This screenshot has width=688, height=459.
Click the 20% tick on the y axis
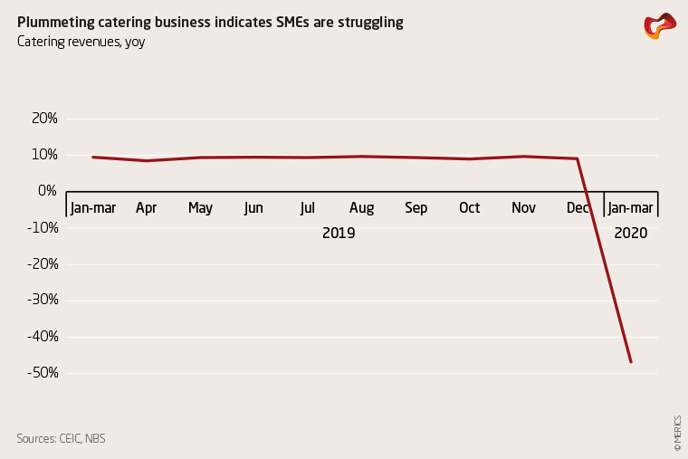pyautogui.click(x=45, y=119)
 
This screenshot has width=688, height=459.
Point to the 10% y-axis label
pyautogui.click(x=45, y=155)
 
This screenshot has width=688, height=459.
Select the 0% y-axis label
pyautogui.click(x=48, y=191)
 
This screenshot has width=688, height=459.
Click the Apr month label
pyautogui.click(x=147, y=208)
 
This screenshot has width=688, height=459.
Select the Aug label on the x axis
pyautogui.click(x=361, y=208)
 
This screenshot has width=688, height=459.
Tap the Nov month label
pyautogui.click(x=523, y=208)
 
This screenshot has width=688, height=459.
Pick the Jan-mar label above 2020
pyautogui.click(x=630, y=208)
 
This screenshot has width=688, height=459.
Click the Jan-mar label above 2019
pyautogui.click(x=92, y=208)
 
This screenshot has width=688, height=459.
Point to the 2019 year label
pyautogui.click(x=339, y=234)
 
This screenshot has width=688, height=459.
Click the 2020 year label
pyautogui.click(x=630, y=234)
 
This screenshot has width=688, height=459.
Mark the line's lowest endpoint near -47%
pyautogui.click(x=631, y=362)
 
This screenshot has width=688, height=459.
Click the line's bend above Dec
pyautogui.click(x=578, y=158)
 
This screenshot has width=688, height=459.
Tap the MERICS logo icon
pyautogui.click(x=659, y=26)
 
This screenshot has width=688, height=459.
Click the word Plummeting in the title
pyautogui.click(x=55, y=22)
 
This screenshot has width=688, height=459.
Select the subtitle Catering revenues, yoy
pyautogui.click(x=81, y=41)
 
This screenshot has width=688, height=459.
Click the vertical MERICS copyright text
pyautogui.click(x=676, y=433)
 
